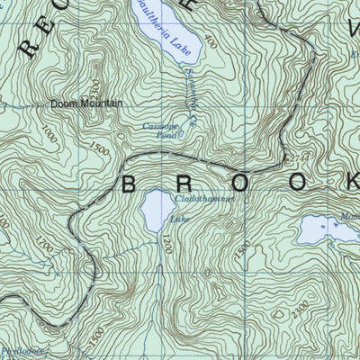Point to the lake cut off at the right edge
(x=319, y=231)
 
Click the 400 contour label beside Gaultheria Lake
(x=211, y=43)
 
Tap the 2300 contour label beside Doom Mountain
(x=97, y=86)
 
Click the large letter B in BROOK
(x=130, y=184)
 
